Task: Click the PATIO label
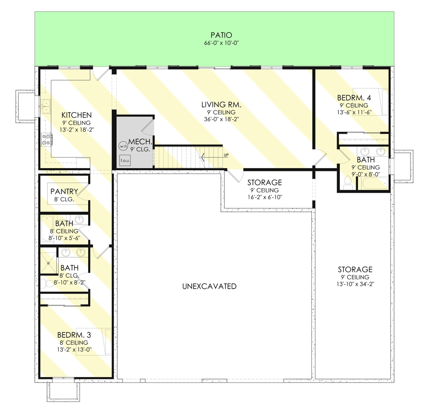coord(221,35)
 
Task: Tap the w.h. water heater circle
coord(123,146)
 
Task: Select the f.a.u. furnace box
coord(125,160)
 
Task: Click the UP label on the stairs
coord(226,155)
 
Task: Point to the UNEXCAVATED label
coord(209,286)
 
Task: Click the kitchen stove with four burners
coord(47,139)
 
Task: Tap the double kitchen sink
coord(46,106)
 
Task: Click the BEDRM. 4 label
coord(354,98)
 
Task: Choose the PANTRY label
coord(64,191)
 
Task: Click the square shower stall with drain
coord(49,263)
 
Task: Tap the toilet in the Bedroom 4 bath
coord(348,182)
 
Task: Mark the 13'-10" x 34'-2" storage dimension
coord(355,284)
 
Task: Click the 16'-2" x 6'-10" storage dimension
coord(265,197)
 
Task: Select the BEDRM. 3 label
coord(74,335)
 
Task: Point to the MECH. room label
coord(140,142)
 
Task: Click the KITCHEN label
coord(76,115)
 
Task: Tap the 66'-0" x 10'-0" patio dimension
coord(221,43)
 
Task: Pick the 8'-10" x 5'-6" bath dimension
coord(64,238)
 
